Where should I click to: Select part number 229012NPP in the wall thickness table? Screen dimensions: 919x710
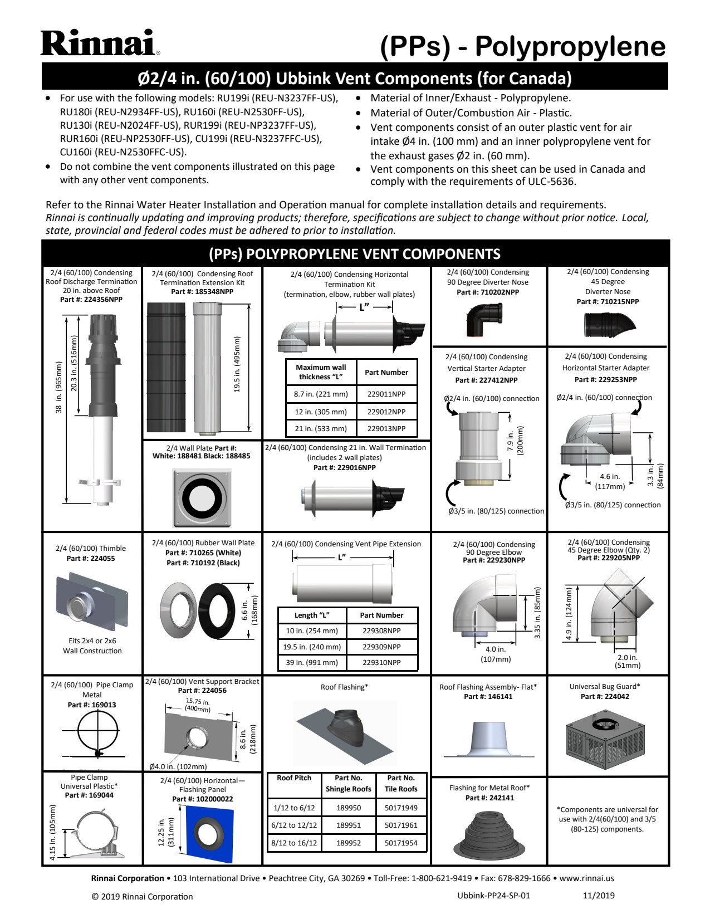(386, 412)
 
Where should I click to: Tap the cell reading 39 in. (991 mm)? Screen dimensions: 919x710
(312, 662)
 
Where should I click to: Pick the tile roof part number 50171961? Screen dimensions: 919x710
(401, 825)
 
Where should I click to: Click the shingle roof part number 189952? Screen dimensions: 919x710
(349, 843)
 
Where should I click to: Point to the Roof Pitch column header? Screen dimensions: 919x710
(294, 778)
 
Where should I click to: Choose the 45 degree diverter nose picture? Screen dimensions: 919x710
(609, 324)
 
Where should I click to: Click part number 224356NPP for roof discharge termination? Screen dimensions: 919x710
(91, 300)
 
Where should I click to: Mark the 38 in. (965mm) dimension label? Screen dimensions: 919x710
(58, 387)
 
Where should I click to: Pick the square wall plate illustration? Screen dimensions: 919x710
(202, 497)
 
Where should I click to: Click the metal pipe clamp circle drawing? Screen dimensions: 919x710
(98, 730)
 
